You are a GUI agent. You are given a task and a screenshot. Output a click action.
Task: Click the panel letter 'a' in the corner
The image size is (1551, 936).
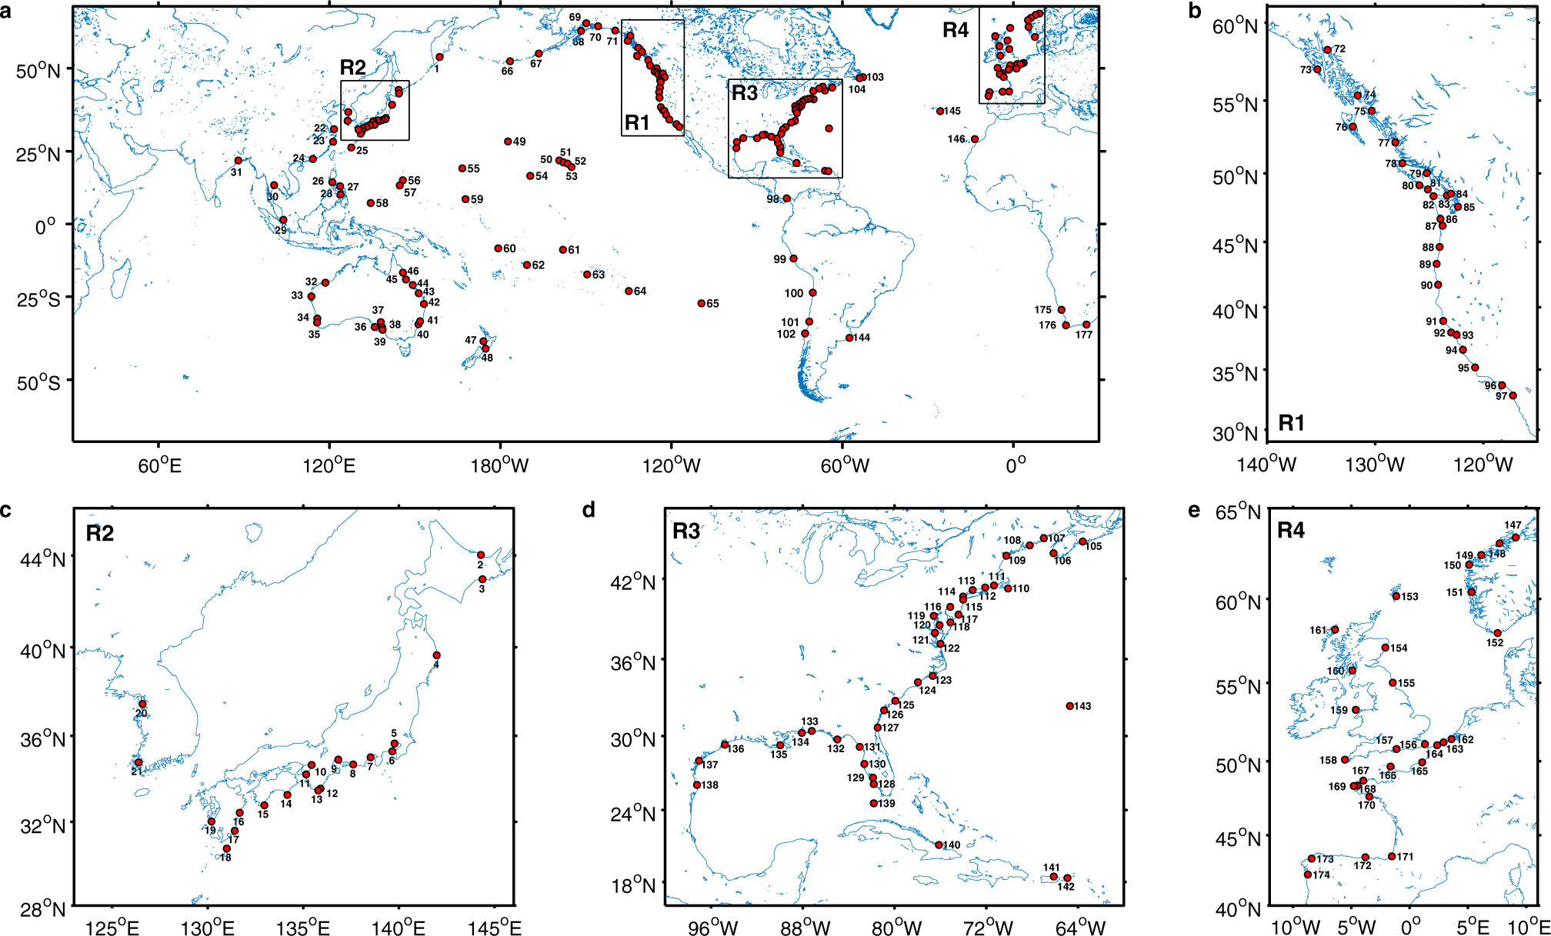(x=6, y=11)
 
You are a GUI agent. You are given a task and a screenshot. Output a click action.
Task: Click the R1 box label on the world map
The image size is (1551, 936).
(x=637, y=122)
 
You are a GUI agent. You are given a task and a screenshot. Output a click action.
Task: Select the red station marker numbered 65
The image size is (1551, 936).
(x=702, y=303)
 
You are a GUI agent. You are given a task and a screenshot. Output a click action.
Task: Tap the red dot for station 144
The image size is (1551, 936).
(x=849, y=338)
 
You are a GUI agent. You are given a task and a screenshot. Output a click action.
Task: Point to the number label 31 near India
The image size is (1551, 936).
(x=236, y=172)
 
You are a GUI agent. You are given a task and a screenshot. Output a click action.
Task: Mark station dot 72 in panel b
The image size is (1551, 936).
(x=1327, y=50)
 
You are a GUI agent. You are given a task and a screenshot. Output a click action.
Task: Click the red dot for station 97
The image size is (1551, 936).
(x=1513, y=396)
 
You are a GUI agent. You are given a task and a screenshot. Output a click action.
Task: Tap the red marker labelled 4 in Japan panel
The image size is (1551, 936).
(x=436, y=655)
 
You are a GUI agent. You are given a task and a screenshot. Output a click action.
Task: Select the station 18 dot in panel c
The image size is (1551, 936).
(x=226, y=848)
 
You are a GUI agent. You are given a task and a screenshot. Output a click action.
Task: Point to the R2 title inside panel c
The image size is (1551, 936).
(x=100, y=533)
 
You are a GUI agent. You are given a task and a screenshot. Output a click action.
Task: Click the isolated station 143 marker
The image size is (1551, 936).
(x=1069, y=706)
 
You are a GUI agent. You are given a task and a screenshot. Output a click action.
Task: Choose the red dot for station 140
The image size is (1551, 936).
(x=939, y=844)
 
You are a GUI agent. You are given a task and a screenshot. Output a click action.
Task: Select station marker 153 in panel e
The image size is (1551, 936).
(x=1396, y=596)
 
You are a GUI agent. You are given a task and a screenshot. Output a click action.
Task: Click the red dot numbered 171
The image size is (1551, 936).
(x=1392, y=856)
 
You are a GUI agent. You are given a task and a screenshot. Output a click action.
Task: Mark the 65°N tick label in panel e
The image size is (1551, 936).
(x=1238, y=512)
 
